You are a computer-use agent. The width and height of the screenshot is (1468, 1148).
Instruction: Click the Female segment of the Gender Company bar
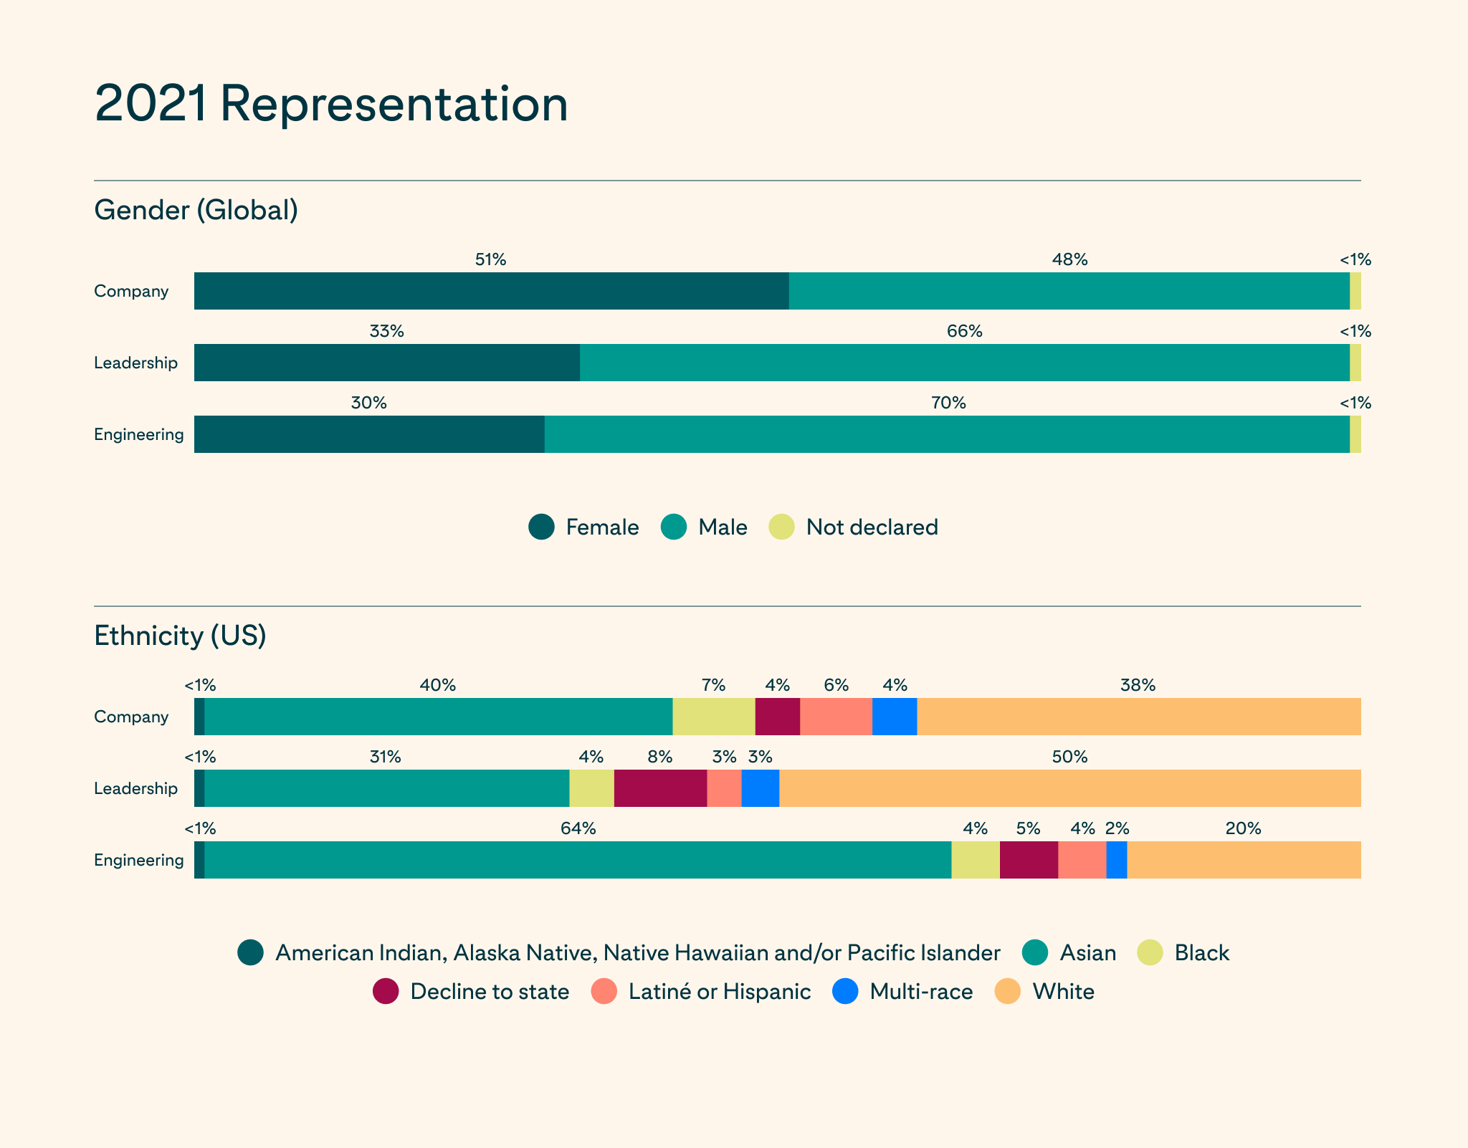(492, 291)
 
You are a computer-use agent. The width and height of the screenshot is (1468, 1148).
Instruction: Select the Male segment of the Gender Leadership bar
(965, 363)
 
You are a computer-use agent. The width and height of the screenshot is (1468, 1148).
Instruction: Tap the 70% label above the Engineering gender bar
(948, 403)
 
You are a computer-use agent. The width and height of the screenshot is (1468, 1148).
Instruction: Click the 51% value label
(491, 260)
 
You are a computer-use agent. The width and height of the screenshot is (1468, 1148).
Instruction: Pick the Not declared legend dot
(781, 527)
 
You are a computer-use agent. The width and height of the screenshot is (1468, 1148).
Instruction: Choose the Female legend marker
(541, 527)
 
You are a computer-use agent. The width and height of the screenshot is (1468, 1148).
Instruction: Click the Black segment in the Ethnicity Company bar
(714, 717)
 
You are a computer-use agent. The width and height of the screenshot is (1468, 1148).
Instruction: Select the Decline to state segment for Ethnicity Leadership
(661, 788)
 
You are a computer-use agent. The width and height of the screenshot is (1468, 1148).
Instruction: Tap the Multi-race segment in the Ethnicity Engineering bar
(1117, 860)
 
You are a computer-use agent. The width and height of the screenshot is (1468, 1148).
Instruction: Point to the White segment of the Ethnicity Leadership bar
(1070, 788)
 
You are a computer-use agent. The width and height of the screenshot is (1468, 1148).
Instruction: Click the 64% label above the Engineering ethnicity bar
(578, 829)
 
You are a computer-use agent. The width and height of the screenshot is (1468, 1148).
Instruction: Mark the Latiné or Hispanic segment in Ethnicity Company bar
(837, 717)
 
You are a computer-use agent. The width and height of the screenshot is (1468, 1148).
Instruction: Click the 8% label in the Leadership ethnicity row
(660, 757)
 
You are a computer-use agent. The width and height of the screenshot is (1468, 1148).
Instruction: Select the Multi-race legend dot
(846, 992)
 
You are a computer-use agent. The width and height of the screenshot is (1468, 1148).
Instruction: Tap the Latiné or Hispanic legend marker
(604, 992)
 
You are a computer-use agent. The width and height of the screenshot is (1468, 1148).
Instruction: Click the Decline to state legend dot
(386, 992)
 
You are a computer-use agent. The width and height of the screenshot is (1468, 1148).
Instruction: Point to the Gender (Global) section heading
(196, 210)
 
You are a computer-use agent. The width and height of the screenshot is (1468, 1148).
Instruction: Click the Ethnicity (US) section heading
(180, 636)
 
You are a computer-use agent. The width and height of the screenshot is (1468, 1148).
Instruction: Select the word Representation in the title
(394, 105)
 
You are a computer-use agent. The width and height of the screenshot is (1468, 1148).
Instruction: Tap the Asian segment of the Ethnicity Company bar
(439, 717)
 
